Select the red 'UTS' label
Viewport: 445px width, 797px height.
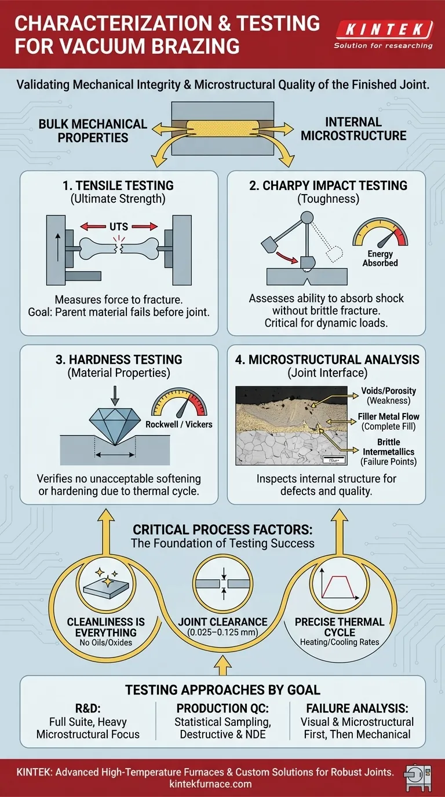click(119, 225)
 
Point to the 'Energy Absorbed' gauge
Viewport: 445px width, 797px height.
click(380, 243)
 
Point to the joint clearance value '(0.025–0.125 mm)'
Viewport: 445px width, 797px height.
click(223, 633)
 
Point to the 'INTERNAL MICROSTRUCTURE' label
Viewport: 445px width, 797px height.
click(353, 129)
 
